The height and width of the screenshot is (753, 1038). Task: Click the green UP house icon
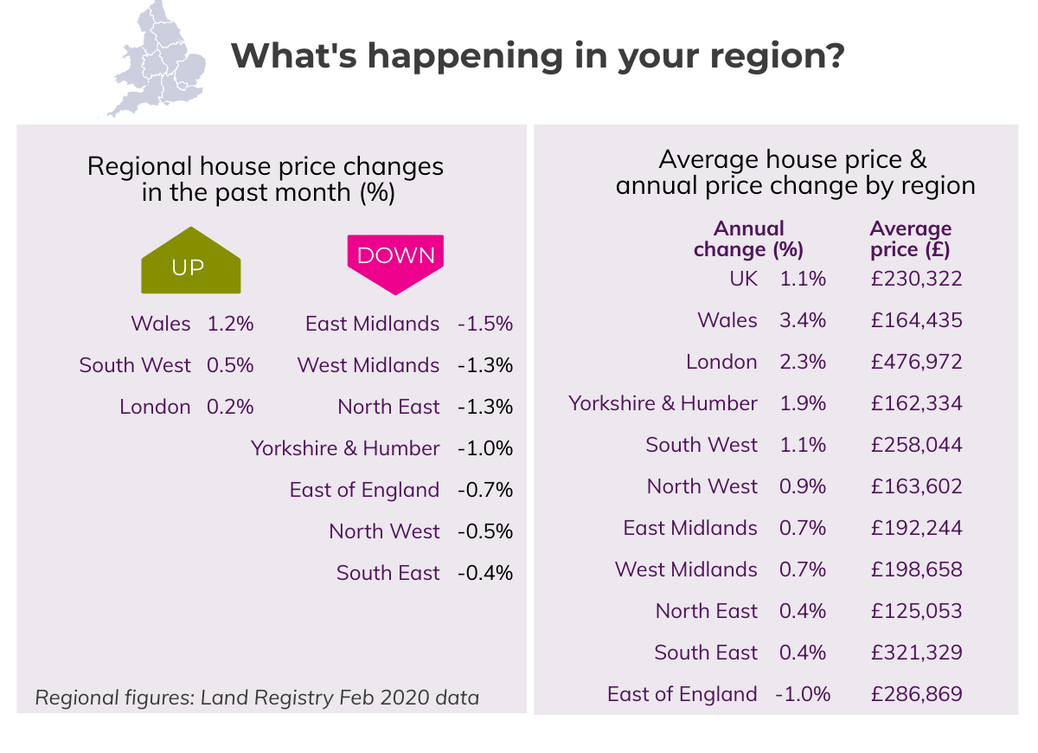click(191, 263)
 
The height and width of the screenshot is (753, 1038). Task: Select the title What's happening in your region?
click(537, 56)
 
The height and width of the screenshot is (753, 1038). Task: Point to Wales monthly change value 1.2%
click(230, 324)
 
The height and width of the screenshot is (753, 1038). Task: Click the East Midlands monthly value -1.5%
click(485, 324)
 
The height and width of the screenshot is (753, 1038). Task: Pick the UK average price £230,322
click(916, 279)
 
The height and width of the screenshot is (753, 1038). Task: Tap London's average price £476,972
click(916, 362)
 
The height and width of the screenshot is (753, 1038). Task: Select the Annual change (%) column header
click(749, 239)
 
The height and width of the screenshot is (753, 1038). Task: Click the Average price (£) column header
click(910, 239)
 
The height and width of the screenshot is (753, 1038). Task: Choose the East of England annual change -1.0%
click(804, 694)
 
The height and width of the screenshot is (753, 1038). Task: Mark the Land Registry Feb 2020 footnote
click(257, 697)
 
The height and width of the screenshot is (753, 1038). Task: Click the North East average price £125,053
click(916, 611)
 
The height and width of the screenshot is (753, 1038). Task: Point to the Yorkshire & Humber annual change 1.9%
click(803, 403)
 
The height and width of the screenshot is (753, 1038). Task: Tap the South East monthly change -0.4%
click(485, 573)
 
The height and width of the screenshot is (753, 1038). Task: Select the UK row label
click(743, 279)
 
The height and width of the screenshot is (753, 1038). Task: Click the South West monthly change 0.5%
click(230, 365)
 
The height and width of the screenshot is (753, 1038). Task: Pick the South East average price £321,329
click(916, 653)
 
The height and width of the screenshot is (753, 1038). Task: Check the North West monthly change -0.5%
click(485, 531)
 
